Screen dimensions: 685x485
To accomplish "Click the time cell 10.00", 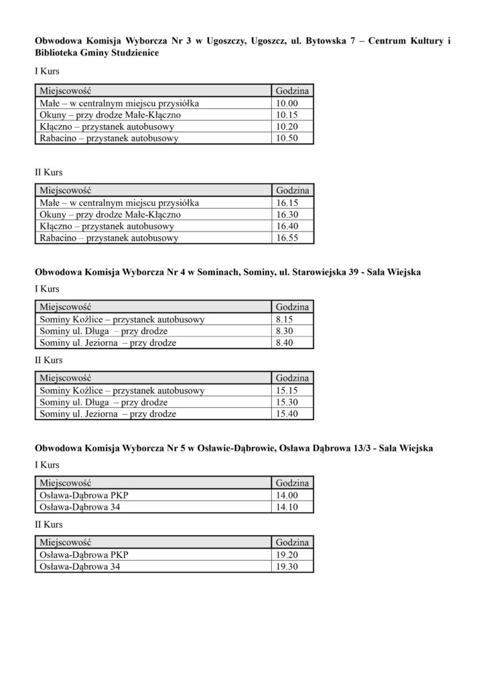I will tap(286, 104).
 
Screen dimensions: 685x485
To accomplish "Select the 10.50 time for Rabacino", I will tap(286, 138).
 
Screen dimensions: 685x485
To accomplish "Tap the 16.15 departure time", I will tap(287, 203).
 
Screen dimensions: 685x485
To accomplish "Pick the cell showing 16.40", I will tap(287, 226).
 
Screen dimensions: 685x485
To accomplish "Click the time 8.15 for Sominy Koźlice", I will tap(285, 319).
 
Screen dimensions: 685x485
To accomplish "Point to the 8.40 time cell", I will tap(285, 342).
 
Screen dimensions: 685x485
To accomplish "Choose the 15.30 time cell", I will tap(287, 403).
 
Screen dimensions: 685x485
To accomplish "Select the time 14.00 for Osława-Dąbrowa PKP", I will tap(287, 495).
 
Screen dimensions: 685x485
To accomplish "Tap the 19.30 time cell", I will tap(287, 567).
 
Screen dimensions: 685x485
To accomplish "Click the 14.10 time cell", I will tap(287, 507).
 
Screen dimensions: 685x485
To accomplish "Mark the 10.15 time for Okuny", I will tap(286, 115).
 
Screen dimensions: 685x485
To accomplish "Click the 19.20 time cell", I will tap(287, 555).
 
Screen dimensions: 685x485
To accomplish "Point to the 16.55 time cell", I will tap(287, 238).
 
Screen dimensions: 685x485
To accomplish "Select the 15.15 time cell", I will tap(287, 391).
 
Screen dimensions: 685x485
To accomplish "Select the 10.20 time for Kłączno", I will tap(286, 127).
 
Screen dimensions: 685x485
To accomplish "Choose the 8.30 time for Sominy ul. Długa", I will tap(285, 331).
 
